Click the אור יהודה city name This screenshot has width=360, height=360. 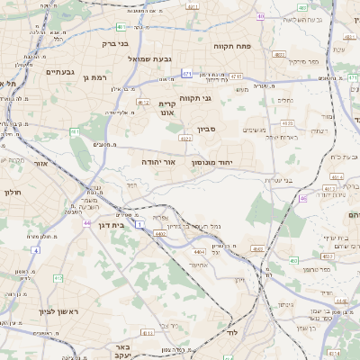click(x=158, y=162)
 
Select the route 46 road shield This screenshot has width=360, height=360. click(x=303, y=197)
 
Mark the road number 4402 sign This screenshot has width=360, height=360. click(x=160, y=234)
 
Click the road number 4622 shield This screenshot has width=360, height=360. click(x=184, y=139)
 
